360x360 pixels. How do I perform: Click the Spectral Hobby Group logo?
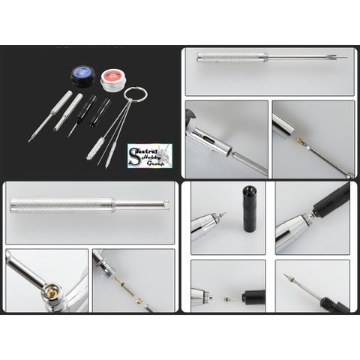point(149,155)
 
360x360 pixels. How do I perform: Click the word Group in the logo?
point(156,163)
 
